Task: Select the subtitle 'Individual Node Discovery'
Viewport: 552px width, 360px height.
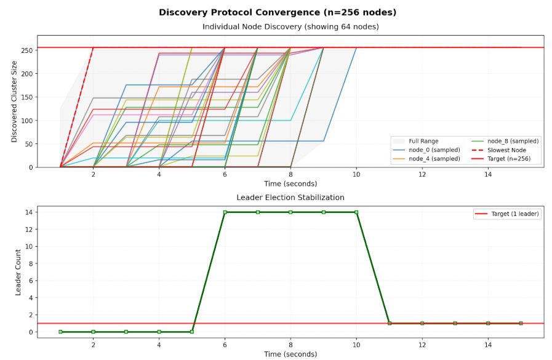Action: coord(290,26)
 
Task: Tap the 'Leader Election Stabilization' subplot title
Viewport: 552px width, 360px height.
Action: coord(290,198)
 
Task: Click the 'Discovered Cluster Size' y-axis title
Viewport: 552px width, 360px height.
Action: coord(14,102)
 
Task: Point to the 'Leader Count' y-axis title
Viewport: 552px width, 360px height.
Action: coord(18,272)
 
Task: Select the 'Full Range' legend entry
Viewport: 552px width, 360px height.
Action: coord(423,141)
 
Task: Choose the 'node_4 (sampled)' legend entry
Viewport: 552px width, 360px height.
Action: coord(434,159)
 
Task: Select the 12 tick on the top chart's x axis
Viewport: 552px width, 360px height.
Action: coord(422,175)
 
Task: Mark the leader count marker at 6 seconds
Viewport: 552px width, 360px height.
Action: coord(225,212)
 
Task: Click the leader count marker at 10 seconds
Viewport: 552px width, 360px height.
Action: coord(356,212)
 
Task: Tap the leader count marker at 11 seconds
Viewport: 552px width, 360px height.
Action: coord(389,323)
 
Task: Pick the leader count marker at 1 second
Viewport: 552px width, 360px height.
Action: coord(60,332)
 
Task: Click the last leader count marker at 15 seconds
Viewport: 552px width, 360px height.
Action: coord(521,323)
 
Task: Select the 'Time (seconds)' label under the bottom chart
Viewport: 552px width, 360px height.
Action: coord(290,354)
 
